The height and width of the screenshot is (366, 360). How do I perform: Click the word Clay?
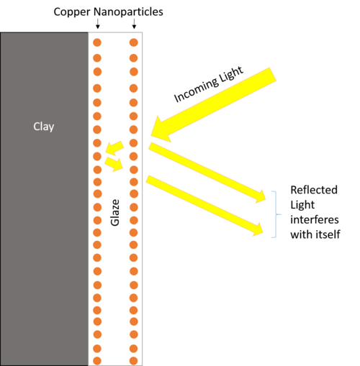(44, 127)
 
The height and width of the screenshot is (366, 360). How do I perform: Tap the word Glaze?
(115, 213)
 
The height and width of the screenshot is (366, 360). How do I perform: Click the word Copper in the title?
(72, 12)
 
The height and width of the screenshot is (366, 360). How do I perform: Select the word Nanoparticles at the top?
(128, 12)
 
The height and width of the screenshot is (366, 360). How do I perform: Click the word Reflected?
(314, 190)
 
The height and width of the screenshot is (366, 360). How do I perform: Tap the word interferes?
(315, 219)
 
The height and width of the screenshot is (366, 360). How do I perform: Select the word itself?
(328, 234)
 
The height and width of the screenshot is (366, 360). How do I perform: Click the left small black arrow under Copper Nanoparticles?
(97, 24)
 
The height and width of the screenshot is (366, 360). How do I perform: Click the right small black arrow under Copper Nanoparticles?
(134, 24)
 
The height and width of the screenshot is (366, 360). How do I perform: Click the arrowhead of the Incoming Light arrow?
(160, 130)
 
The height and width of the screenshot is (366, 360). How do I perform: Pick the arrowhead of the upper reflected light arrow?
(261, 196)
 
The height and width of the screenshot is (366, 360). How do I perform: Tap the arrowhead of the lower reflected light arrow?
(258, 229)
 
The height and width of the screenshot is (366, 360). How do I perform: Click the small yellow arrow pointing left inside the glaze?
(114, 147)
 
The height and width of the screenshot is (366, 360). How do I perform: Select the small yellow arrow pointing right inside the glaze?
(114, 164)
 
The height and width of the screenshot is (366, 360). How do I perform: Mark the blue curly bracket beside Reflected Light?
(276, 214)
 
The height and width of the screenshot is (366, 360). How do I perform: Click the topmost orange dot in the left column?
(97, 42)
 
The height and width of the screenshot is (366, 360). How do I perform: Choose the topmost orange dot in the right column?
(134, 42)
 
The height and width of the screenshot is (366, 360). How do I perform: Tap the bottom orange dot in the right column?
(134, 361)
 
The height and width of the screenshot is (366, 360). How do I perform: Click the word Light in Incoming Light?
(231, 73)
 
